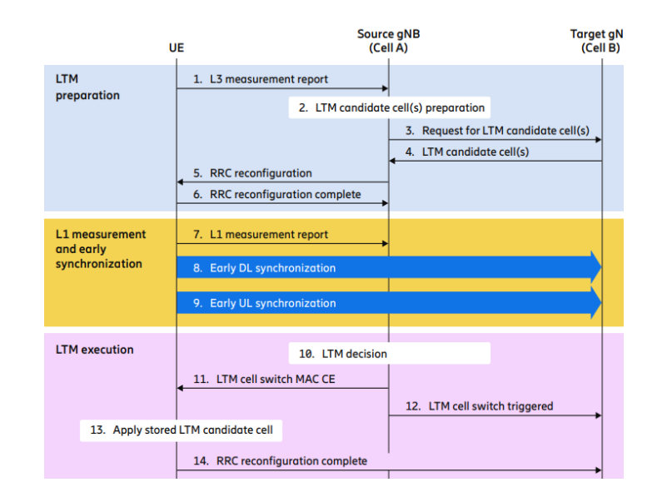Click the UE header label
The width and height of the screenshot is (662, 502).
(176, 48)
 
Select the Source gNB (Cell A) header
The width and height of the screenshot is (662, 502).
(389, 41)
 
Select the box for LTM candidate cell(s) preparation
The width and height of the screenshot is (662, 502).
(389, 107)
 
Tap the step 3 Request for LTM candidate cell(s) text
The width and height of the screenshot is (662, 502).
(497, 131)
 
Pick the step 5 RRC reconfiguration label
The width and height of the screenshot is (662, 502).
(252, 173)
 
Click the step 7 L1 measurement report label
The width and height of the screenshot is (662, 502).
(260, 235)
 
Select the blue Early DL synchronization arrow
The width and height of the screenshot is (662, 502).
(388, 268)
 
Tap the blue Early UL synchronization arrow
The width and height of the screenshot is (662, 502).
(388, 303)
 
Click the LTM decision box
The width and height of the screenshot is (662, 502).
(389, 354)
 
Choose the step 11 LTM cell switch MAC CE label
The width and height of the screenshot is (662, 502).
(274, 379)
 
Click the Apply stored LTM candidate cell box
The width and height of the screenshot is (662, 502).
(182, 430)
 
